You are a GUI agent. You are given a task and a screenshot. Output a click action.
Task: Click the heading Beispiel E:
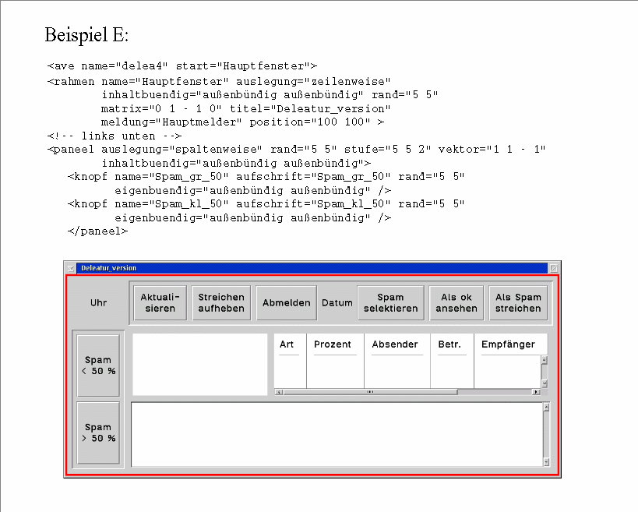pos(86,35)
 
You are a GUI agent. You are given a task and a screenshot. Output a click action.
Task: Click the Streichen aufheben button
pos(221,302)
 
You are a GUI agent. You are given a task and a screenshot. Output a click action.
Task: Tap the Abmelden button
pos(287,302)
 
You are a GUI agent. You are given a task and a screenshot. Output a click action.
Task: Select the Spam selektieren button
pos(390,302)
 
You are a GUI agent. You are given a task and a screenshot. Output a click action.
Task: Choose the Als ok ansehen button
pos(456,302)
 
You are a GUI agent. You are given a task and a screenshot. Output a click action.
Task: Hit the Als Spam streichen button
pos(518,302)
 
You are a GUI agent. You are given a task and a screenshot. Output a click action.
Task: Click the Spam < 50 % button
pos(98,365)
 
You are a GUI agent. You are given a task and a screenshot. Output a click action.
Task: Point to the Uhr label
pos(98,302)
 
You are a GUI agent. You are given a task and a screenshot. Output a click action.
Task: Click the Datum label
pos(337,302)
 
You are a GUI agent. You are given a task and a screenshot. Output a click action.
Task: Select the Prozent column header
pos(333,344)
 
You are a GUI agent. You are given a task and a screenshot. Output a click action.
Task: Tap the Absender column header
pos(395,344)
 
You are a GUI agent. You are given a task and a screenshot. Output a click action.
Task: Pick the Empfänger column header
pos(508,344)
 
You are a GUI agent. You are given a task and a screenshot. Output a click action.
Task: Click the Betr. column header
pos(449,344)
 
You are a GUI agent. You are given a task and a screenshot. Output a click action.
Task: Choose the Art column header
pos(287,344)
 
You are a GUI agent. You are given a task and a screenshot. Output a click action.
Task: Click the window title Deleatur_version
pos(108,268)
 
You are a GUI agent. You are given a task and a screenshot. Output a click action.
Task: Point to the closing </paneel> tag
pos(97,231)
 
